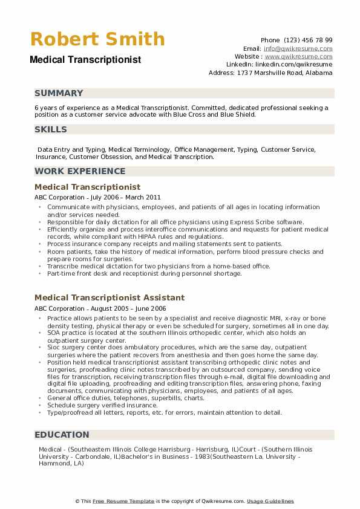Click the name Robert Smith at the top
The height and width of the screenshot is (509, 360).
97,39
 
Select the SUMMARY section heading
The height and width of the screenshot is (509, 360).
59,93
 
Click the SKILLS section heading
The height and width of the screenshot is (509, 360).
51,129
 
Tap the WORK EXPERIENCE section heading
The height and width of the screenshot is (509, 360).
80,171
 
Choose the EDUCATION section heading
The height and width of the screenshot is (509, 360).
62,434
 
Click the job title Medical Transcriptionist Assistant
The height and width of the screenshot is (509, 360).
110,297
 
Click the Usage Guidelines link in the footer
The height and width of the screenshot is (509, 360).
270,501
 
